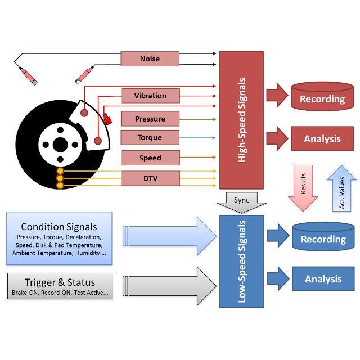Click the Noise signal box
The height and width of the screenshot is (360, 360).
pos(150,58)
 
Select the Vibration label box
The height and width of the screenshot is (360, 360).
pos(150,96)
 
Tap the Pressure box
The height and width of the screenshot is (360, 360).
pos(150,119)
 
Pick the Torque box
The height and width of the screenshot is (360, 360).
pos(150,138)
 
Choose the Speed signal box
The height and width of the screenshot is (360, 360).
pos(150,158)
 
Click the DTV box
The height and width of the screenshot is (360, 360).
pos(150,178)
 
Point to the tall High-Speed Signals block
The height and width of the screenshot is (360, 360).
pos(241,120)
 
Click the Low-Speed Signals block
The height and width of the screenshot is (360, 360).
pos(241,261)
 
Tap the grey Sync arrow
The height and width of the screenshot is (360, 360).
pos(241,202)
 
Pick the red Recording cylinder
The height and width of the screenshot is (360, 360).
pos(322,97)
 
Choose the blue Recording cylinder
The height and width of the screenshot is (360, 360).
pos(322,237)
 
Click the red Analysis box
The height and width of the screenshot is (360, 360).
pos(322,138)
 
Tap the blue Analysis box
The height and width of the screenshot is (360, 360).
pos(322,279)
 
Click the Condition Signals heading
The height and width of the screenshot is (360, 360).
pos(59,227)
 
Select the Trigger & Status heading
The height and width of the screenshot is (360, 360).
pos(60,282)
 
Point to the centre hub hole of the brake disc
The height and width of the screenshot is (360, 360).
pos(60,145)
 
